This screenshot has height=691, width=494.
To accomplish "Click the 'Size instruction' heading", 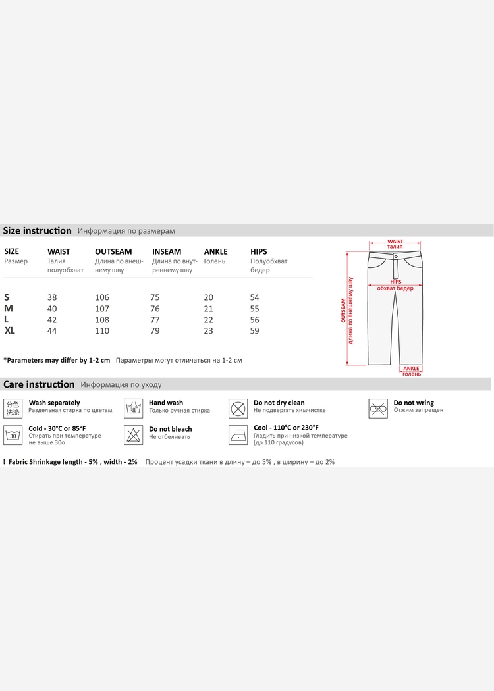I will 38,230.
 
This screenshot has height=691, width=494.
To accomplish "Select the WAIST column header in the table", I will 59,251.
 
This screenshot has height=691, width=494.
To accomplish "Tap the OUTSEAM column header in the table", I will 113,251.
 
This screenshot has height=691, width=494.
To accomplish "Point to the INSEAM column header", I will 167,251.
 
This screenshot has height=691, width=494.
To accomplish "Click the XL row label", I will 10,330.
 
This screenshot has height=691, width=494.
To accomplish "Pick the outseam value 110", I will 102,331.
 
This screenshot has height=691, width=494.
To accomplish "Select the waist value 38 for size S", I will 52,297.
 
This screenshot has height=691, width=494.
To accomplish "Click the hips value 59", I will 255,331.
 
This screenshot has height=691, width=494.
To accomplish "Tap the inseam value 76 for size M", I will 155,309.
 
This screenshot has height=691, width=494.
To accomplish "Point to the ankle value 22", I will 209,320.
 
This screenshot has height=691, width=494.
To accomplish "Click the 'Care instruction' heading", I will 39,384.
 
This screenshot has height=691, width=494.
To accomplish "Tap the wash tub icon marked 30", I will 13,434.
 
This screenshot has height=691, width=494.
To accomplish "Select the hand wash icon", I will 134,408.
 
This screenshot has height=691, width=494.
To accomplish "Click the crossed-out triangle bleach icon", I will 134,434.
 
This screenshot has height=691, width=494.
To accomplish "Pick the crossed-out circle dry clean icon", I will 238,408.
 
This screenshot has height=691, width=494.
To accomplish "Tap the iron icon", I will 238,434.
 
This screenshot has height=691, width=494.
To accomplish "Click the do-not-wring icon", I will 377,408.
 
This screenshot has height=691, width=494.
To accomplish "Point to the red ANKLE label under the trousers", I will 412,369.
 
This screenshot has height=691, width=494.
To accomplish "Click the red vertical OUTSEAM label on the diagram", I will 343,311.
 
